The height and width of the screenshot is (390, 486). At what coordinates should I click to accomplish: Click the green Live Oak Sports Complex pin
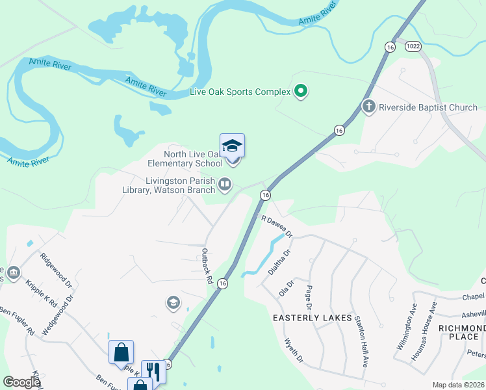point(300,92)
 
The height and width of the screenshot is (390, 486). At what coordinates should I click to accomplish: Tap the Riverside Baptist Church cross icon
point(369,107)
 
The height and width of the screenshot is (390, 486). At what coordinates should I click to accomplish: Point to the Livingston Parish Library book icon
point(225,185)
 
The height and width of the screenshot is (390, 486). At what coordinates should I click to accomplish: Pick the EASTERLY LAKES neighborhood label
point(313,318)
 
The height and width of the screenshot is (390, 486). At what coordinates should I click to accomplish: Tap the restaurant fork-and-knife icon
point(153,371)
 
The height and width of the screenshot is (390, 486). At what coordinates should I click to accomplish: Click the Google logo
point(21,382)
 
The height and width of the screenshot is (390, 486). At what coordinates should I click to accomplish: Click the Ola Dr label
point(287,287)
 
